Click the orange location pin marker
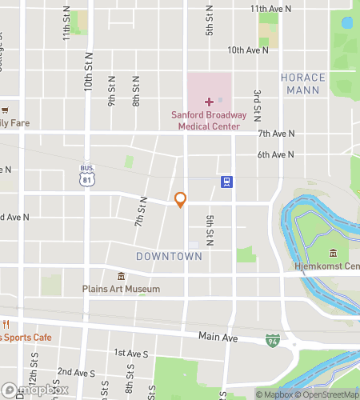tap(181, 199)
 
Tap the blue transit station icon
tap(227, 182)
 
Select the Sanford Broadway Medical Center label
tap(210, 120)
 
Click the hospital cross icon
tap(210, 102)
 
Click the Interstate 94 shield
tap(273, 341)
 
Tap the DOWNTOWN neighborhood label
tap(169, 256)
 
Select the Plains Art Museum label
tap(121, 289)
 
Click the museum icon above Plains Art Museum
tap(121, 276)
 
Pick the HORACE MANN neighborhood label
tap(303, 84)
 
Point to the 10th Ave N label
tap(247, 50)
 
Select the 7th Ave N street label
tap(276, 134)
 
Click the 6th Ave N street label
tap(276, 155)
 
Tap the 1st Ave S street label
tap(131, 353)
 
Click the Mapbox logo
tap(34, 391)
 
